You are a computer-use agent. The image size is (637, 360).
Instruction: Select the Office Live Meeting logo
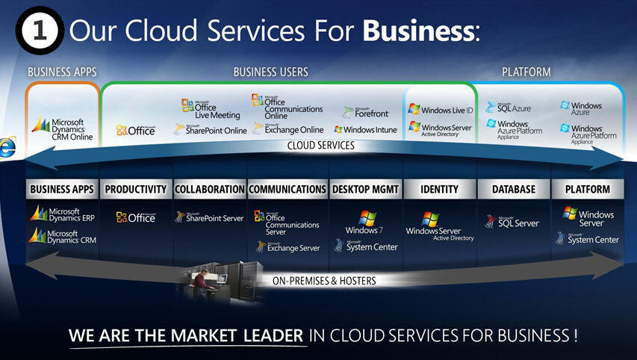pyautogui.click(x=211, y=109)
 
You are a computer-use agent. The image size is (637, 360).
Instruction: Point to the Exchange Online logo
pyautogui.click(x=288, y=129)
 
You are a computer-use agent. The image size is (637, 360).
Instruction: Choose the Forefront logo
pyautogui.click(x=366, y=112)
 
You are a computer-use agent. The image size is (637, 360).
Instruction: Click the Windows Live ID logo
pyautogui.click(x=441, y=109)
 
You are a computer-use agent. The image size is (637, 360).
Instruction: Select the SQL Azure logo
pyautogui.click(x=509, y=108)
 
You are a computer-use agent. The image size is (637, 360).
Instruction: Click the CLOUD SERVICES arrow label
pyautogui.click(x=321, y=146)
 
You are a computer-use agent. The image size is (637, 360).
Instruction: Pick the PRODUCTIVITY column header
pyautogui.click(x=136, y=190)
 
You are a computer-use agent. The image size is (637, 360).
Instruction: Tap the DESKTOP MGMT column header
pyautogui.click(x=365, y=190)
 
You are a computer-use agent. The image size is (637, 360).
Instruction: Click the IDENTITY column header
pyautogui.click(x=439, y=190)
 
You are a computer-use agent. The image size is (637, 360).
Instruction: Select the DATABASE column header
pyautogui.click(x=514, y=190)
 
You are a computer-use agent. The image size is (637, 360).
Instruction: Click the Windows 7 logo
pyautogui.click(x=365, y=223)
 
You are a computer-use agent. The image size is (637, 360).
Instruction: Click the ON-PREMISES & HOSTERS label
pyautogui.click(x=323, y=281)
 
